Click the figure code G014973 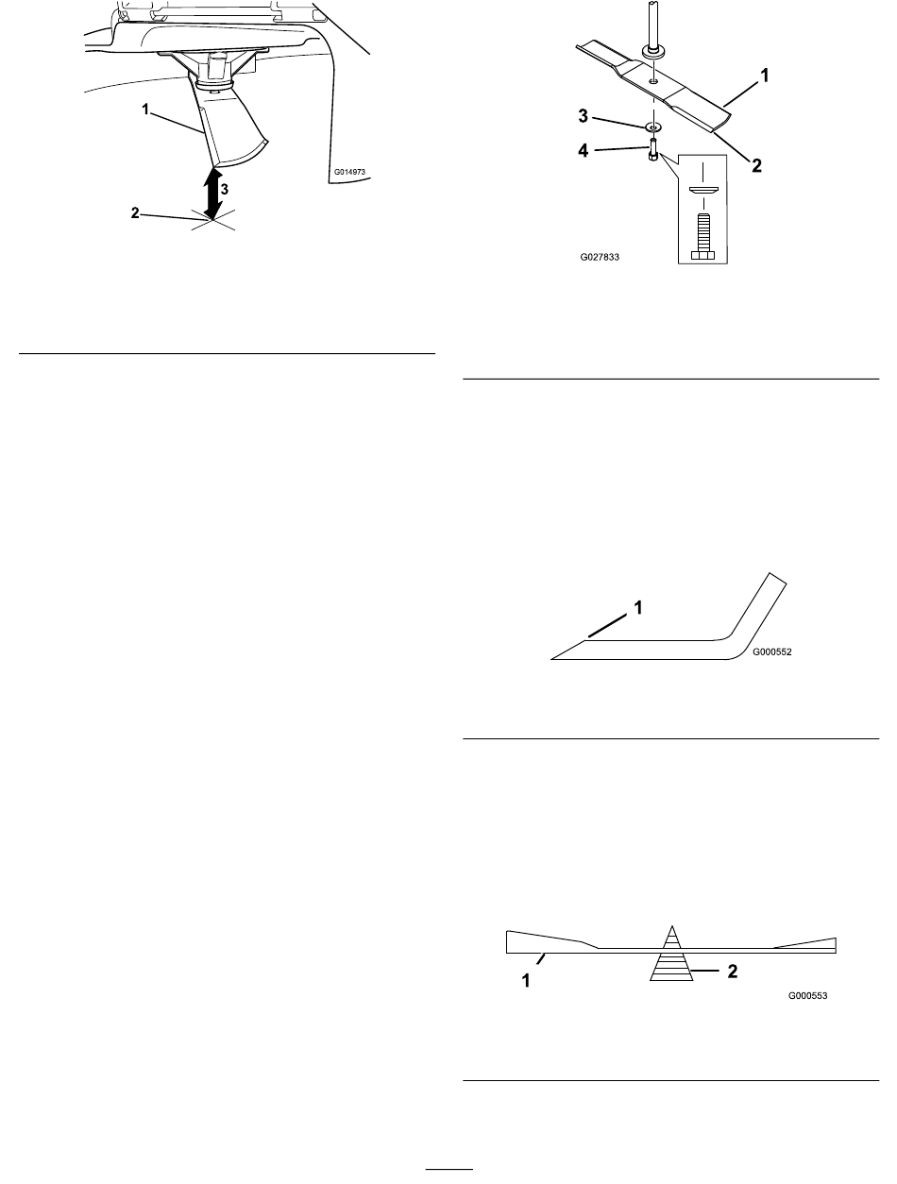(349, 172)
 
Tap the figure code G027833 (600, 258)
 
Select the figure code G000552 (771, 651)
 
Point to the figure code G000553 (807, 995)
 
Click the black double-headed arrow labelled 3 (212, 195)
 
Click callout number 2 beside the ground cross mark (135, 213)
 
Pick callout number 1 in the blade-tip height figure (145, 110)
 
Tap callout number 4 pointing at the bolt (584, 150)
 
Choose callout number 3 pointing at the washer (584, 116)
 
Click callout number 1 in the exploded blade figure (764, 76)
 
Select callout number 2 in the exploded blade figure (756, 165)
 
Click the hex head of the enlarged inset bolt (702, 255)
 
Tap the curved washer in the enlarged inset (703, 191)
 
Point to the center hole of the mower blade (653, 80)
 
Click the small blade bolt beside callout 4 (653, 148)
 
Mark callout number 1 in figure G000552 (638, 608)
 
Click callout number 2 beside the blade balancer (733, 971)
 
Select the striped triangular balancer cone (671, 954)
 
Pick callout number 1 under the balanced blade (527, 980)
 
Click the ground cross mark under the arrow (213, 220)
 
